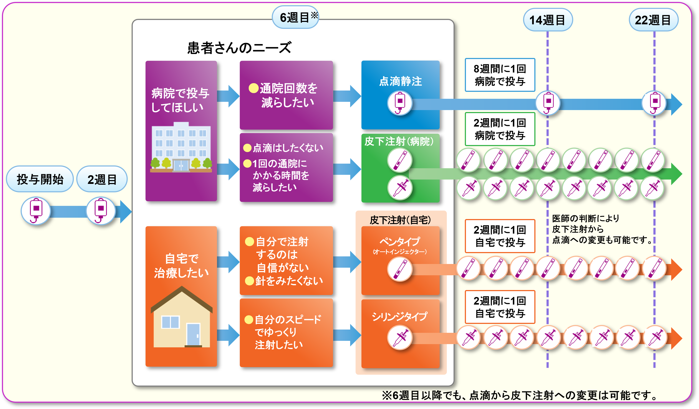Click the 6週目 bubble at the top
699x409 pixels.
295,17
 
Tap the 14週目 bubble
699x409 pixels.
548,20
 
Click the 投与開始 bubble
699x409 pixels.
40,179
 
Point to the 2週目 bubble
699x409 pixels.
102,179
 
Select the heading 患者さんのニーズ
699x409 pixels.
239,48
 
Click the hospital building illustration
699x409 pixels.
181,147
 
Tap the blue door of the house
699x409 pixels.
193,335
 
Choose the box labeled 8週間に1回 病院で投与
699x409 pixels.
500,75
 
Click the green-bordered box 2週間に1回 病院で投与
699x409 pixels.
500,129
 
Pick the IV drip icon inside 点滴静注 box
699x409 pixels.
400,103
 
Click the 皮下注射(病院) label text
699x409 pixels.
399,141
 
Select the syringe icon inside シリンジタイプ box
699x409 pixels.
400,337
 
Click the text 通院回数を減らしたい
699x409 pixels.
288,95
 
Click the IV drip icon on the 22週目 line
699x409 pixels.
654,103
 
